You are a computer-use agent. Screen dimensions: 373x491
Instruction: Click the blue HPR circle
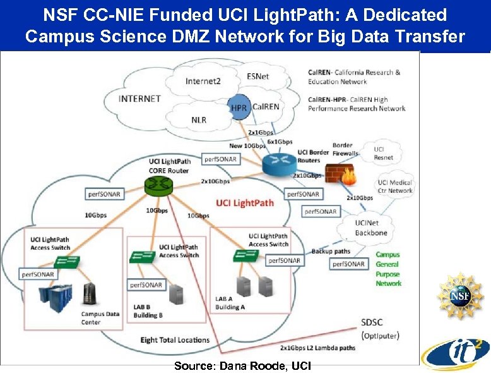click(239, 108)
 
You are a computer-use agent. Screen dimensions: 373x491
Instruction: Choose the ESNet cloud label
click(257, 76)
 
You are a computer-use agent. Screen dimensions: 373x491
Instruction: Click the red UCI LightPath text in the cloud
click(245, 203)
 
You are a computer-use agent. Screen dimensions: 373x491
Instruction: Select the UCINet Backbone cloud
click(371, 228)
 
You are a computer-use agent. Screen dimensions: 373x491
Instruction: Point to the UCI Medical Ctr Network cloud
click(396, 186)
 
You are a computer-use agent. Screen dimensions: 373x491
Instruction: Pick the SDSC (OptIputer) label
click(379, 329)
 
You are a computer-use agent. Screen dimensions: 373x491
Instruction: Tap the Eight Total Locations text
click(175, 340)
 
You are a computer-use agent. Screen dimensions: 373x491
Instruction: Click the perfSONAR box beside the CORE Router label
click(220, 159)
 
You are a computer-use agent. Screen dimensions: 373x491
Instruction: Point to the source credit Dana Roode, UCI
click(242, 366)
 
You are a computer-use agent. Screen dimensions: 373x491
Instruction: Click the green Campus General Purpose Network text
click(388, 269)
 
